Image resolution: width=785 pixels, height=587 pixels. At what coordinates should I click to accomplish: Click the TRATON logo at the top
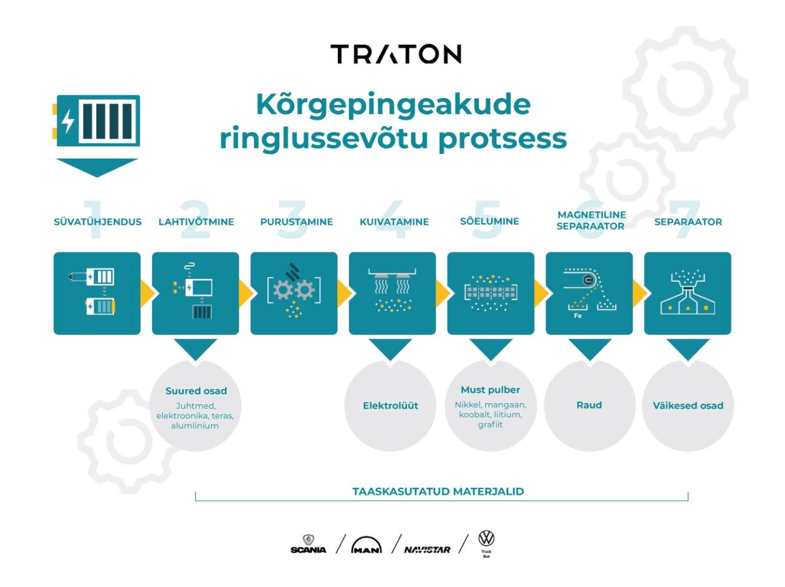tap(396, 55)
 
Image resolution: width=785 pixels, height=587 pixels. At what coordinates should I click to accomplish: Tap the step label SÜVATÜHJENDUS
tap(98, 222)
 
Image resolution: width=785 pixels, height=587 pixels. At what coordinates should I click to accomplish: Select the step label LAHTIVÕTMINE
tap(196, 222)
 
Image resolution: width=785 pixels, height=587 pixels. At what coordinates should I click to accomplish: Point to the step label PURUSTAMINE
tap(296, 222)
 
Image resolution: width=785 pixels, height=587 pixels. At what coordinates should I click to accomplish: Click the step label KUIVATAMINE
tap(394, 222)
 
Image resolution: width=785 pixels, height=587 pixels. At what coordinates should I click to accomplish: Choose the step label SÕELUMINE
tap(489, 221)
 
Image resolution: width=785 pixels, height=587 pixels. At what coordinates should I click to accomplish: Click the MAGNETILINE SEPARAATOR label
tap(591, 220)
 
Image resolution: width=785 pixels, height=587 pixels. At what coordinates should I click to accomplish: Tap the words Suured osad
tap(196, 391)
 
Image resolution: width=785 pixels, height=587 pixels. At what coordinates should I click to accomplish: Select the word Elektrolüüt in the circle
tap(391, 406)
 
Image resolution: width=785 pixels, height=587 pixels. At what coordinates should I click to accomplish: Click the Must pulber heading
tap(490, 390)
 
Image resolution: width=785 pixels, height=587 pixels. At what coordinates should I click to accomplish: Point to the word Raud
tap(589, 405)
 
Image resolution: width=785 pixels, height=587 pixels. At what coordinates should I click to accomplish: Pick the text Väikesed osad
tap(688, 406)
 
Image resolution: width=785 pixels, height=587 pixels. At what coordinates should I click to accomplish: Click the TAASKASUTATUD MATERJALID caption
tap(438, 491)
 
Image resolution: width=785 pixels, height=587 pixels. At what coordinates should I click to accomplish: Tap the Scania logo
tap(308, 544)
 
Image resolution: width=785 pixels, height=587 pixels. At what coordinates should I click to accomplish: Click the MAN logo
tap(367, 545)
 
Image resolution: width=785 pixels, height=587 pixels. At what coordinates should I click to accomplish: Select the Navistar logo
tap(427, 550)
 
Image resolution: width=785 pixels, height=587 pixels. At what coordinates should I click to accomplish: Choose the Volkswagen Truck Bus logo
tap(486, 543)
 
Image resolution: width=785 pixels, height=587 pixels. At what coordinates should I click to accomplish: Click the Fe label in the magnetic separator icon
tap(578, 316)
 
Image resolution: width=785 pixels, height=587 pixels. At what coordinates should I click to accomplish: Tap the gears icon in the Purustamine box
tap(294, 290)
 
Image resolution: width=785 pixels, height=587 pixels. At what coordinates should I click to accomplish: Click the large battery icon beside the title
tap(96, 121)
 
